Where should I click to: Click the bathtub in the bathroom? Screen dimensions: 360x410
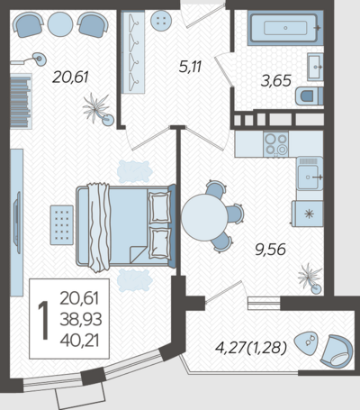[x=285, y=28]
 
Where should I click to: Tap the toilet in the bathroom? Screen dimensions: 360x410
[x=309, y=96]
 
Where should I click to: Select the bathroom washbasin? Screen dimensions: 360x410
[x=315, y=67]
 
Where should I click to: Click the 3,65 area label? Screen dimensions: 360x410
[x=276, y=81]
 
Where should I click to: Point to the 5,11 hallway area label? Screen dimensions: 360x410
[x=190, y=67]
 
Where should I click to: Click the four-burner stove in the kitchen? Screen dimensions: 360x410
[x=276, y=144]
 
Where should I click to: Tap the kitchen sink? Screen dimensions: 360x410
[x=310, y=174]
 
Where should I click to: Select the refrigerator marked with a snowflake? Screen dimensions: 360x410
[x=308, y=214]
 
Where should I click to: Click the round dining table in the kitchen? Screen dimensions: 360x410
[x=204, y=217]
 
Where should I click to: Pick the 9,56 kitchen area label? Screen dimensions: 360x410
[x=270, y=250]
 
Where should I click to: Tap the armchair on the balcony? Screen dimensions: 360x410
[x=337, y=351]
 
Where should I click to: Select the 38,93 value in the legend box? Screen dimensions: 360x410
[x=81, y=320]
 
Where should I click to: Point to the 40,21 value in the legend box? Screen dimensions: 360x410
[x=79, y=341]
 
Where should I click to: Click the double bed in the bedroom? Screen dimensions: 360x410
[x=126, y=226]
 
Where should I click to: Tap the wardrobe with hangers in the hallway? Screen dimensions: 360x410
[x=133, y=52]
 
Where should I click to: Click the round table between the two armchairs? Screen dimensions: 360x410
[x=60, y=24]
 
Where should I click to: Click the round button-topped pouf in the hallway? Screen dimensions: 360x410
[x=161, y=21]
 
